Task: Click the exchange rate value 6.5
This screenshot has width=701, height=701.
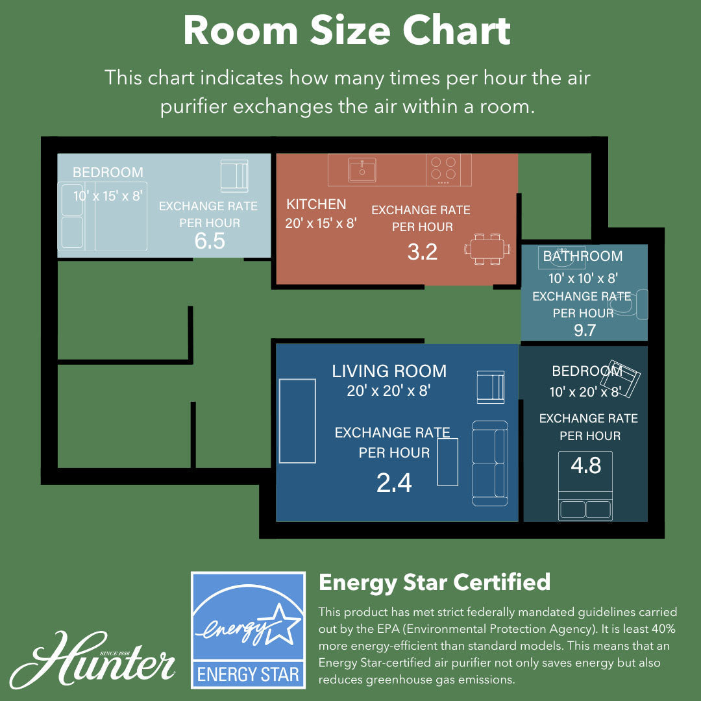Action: point(210,241)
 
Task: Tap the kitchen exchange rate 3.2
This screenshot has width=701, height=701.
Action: point(423,252)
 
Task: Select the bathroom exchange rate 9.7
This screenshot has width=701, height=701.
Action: point(585,330)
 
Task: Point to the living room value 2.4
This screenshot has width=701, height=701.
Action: point(394,483)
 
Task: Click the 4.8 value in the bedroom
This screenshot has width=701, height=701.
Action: point(585,465)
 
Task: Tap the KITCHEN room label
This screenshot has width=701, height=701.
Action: point(316,204)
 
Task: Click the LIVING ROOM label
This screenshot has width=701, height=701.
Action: point(389,371)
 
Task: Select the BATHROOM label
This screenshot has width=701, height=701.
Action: point(583,256)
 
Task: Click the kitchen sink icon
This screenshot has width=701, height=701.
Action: point(362,170)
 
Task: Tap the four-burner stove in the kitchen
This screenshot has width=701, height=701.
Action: point(443,169)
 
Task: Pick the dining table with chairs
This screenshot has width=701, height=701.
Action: point(486,249)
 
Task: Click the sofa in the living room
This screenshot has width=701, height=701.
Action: point(489,463)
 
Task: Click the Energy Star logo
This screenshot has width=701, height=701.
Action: point(248,630)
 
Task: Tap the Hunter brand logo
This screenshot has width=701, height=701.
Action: point(94,659)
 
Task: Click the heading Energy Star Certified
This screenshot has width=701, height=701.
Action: point(434,582)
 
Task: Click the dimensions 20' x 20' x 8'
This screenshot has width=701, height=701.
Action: point(389,391)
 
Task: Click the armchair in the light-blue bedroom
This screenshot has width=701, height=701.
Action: point(234,175)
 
